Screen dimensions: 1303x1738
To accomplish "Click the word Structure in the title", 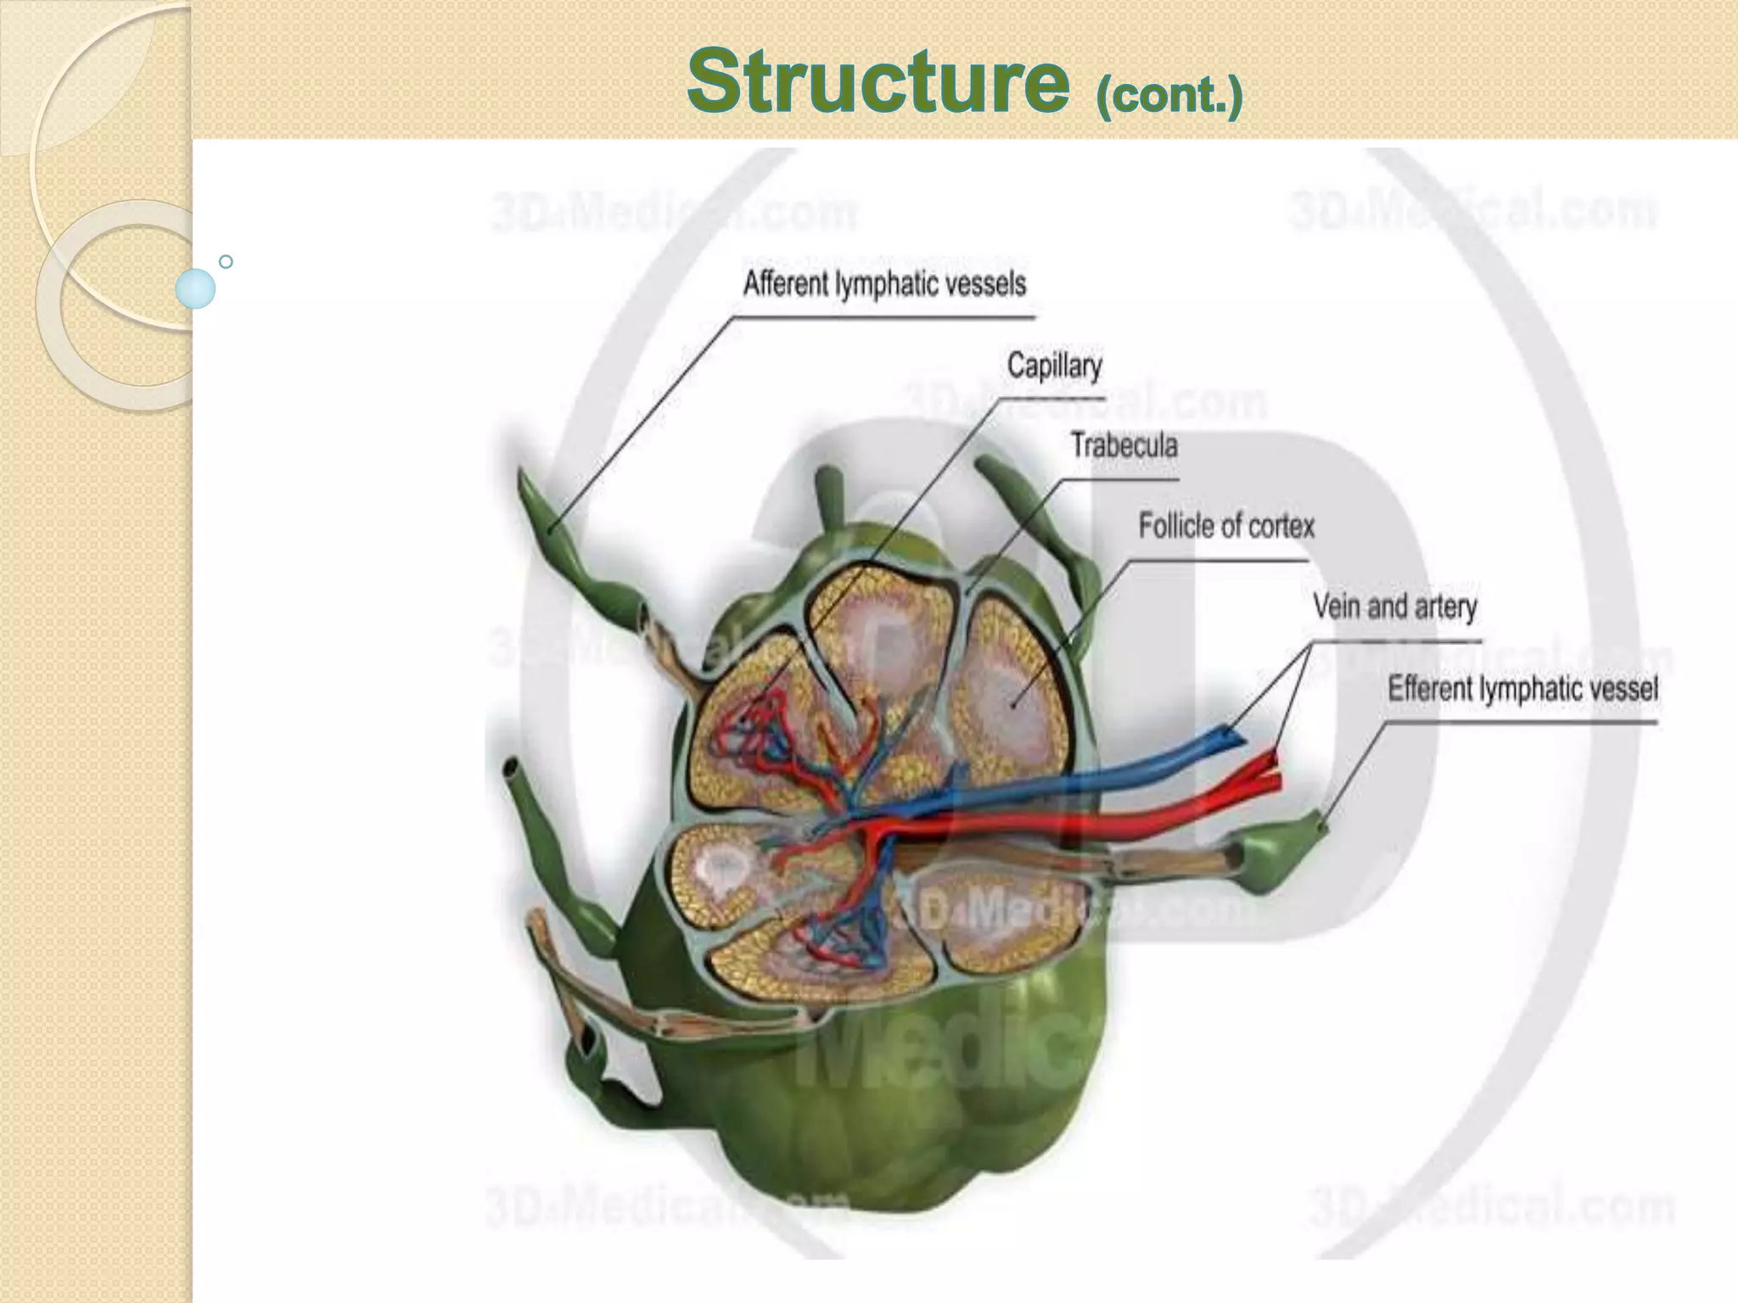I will point(877,81).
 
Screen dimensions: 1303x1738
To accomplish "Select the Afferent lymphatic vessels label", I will point(884,284).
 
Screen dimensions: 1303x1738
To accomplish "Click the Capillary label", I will point(1054,366).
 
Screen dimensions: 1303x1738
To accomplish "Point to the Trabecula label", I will point(1124,446).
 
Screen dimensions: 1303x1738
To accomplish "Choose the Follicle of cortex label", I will point(1225,527).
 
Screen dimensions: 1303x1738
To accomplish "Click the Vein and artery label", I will point(1394,607).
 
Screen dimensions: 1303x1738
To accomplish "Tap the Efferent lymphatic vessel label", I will point(1522,688).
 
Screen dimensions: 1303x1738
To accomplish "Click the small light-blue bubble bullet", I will point(195,288).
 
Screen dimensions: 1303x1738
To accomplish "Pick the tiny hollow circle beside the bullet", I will point(226,262).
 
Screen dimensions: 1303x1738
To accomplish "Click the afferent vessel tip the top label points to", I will point(550,532).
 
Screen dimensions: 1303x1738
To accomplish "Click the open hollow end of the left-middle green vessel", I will point(512,769).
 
